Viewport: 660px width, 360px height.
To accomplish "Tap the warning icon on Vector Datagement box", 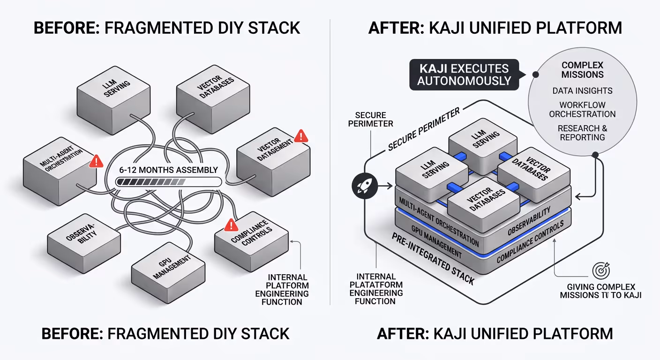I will pyautogui.click(x=301, y=136).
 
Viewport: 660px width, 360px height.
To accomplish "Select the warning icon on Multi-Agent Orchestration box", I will pyautogui.click(x=96, y=161).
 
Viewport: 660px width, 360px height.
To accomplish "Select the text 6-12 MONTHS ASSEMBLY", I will pyautogui.click(x=168, y=170).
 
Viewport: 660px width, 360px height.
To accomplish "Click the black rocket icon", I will pyautogui.click(x=361, y=187).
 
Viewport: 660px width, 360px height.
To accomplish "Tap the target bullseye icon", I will pyautogui.click(x=601, y=270).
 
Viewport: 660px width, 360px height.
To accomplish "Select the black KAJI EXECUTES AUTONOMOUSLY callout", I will pyautogui.click(x=464, y=74).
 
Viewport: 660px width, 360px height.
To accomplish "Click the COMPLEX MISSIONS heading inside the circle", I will pyautogui.click(x=582, y=70).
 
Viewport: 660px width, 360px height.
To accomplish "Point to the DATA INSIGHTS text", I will pyautogui.click(x=582, y=90).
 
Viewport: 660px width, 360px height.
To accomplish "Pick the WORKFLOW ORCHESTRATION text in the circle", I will pyautogui.click(x=582, y=109).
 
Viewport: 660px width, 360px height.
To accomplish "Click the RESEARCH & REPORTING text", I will pyautogui.click(x=582, y=133).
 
